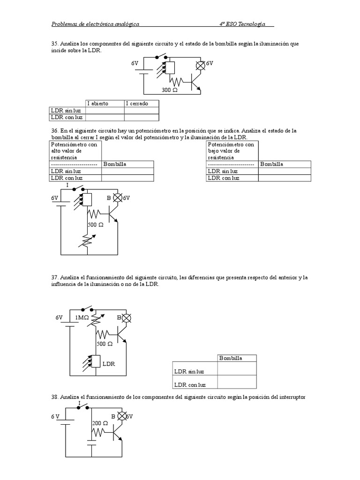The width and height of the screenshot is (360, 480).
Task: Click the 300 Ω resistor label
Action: (170, 90)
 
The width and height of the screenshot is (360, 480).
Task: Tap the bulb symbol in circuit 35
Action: (201, 66)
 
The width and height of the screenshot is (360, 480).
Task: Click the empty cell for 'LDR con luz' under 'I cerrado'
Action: (142, 117)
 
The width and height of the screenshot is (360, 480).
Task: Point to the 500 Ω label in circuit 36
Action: (96, 225)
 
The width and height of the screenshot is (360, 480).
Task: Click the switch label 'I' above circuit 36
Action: (67, 186)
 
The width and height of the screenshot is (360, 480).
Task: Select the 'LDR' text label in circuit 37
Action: (109, 363)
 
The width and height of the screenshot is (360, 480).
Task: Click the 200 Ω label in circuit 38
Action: (100, 423)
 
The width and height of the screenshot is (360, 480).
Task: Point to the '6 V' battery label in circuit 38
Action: (56, 416)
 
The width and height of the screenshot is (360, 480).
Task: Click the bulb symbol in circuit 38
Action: (122, 416)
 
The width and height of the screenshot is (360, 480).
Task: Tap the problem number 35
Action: (53, 44)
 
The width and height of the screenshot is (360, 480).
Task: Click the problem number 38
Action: (53, 397)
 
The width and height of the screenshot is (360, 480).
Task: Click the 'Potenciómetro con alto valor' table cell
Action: (75, 151)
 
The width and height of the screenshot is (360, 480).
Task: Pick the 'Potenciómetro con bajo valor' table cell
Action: (232, 151)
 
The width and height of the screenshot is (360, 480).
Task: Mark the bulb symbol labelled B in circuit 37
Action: (126, 318)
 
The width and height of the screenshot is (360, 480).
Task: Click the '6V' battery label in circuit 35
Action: (135, 62)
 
